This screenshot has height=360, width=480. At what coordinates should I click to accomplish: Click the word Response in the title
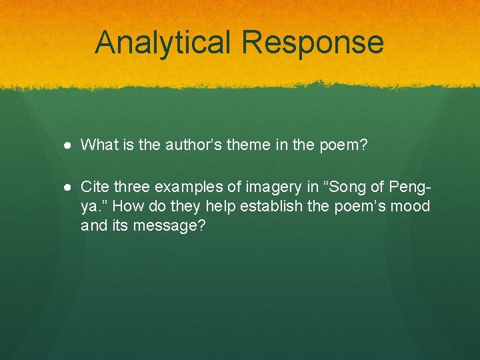pyautogui.click(x=312, y=42)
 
